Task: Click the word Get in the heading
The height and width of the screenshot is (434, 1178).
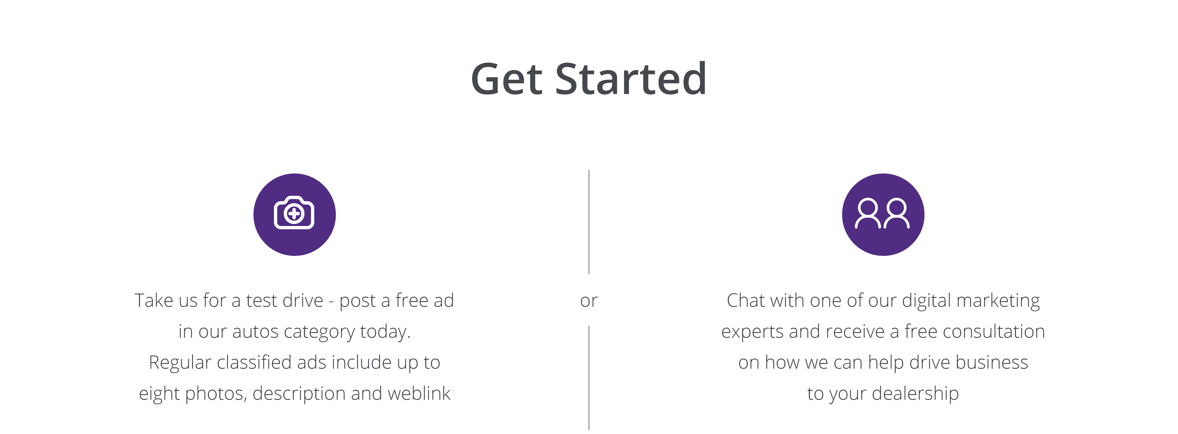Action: point(507,79)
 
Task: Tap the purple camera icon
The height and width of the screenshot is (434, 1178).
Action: point(294,215)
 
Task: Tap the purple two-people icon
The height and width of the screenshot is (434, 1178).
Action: point(883,215)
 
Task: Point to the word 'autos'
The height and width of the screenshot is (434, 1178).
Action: point(255,331)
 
